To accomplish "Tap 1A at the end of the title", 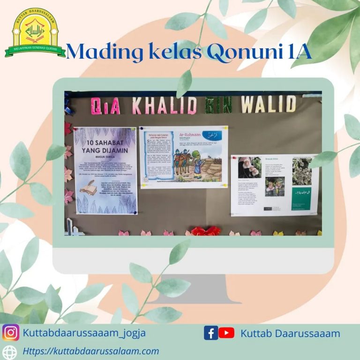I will point(298,52).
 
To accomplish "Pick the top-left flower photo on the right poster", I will point(249,167).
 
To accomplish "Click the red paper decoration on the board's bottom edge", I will point(205,231).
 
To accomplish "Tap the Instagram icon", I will point(11,333).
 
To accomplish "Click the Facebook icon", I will point(210,333).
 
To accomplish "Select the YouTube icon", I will point(226,333).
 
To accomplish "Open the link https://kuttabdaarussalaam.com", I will point(91,351).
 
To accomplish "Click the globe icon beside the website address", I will point(10,352).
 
